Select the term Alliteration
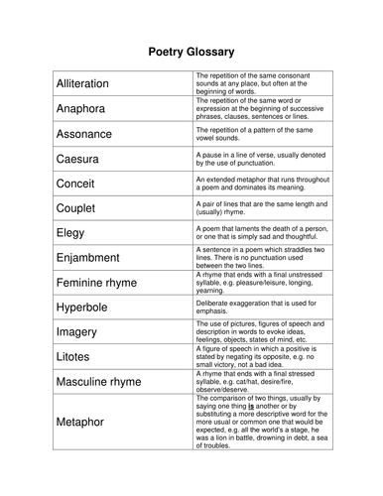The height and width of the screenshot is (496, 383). pyautogui.click(x=83, y=83)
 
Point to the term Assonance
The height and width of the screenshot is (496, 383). pyautogui.click(x=84, y=133)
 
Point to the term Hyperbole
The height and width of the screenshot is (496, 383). pyautogui.click(x=83, y=307)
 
